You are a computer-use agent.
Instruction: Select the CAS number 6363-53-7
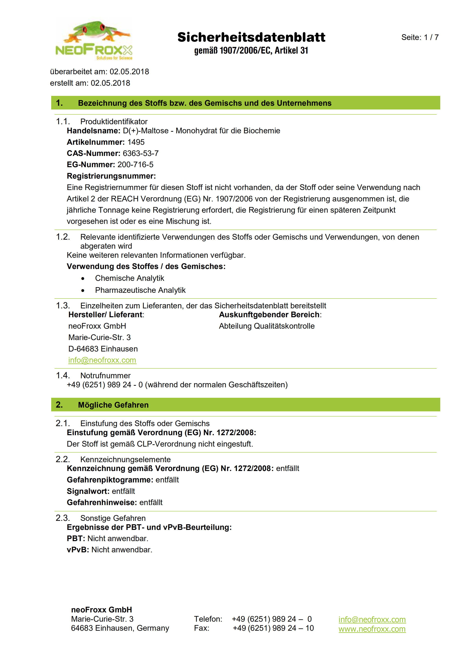141,153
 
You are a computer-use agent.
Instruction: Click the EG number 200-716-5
136,165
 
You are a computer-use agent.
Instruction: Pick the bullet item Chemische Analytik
129,278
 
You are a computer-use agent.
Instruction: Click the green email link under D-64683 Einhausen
102,360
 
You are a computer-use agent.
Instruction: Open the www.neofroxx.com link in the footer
372,629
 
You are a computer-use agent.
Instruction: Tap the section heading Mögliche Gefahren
113,405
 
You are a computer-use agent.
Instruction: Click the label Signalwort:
88,491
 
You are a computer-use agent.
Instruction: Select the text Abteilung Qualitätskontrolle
267,326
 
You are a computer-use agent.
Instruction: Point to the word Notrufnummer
105,375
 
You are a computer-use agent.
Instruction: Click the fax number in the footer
273,628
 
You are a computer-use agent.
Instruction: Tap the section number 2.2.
63,459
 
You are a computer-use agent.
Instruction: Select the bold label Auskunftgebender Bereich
269,314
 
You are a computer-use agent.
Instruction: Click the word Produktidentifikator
114,121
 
